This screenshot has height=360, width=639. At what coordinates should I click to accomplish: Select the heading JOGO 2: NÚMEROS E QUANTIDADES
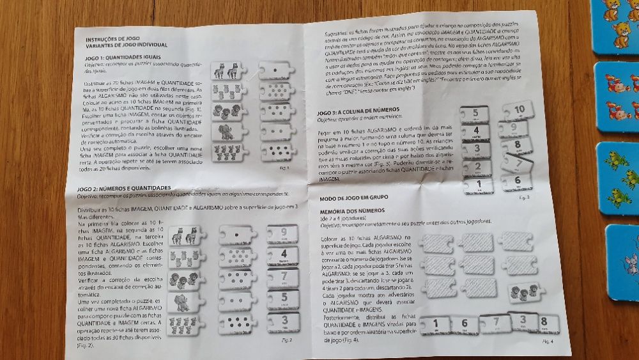pos(130,188)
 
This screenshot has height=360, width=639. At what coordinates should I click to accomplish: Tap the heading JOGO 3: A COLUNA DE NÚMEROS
pos(358,110)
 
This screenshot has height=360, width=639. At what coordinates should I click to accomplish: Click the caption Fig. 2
pos(286,340)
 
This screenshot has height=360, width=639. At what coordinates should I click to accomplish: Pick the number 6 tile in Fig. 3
pos(515,182)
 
